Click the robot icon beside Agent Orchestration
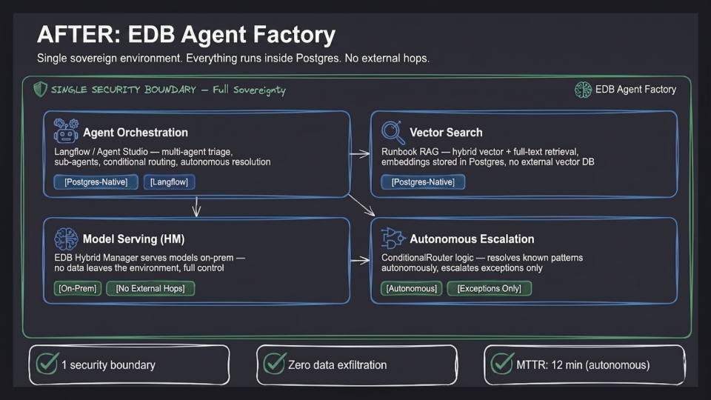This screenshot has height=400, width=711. tap(66, 130)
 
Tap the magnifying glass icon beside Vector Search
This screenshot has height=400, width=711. tap(393, 132)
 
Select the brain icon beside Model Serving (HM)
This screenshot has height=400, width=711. tap(66, 239)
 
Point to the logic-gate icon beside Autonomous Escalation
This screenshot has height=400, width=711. tap(393, 238)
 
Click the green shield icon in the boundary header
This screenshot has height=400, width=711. tap(40, 90)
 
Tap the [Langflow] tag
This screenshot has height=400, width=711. tap(169, 182)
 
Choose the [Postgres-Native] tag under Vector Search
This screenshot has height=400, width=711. tap(423, 182)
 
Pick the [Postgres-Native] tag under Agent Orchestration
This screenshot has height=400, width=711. tap(96, 182)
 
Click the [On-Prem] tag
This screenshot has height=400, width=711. tap(78, 288)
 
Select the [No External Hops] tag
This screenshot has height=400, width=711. tap(150, 288)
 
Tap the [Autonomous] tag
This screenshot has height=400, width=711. tap(411, 288)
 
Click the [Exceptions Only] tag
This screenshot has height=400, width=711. tap(490, 288)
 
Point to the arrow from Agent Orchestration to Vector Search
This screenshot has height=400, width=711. tap(360, 154)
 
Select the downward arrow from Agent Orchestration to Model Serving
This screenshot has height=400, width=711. tap(196, 207)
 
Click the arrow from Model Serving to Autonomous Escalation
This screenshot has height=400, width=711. tap(360, 261)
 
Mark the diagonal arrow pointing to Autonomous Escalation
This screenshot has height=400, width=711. tap(361, 205)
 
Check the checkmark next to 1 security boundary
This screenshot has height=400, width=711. tap(47, 363)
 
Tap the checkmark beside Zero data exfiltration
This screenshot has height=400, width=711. tap(274, 363)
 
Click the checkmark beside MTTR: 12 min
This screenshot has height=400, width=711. tap(502, 363)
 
